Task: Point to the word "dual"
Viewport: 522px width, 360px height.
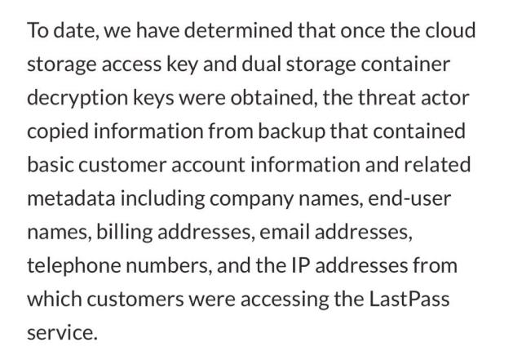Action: (x=261, y=64)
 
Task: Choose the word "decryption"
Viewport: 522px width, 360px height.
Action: (x=77, y=98)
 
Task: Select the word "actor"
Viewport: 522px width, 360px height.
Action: (x=445, y=98)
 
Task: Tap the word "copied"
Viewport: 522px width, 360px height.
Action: (x=58, y=131)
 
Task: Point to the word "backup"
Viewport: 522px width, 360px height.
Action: (x=291, y=131)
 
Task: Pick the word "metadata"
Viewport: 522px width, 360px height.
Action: (x=71, y=198)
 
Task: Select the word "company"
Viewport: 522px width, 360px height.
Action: (x=251, y=199)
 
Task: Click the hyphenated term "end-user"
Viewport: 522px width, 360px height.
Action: (x=409, y=198)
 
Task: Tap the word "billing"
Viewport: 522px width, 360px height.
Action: (x=125, y=233)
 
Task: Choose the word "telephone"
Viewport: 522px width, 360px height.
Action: (x=73, y=266)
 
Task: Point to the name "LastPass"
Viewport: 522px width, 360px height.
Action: (x=409, y=299)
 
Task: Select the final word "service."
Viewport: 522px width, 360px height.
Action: (x=62, y=333)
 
